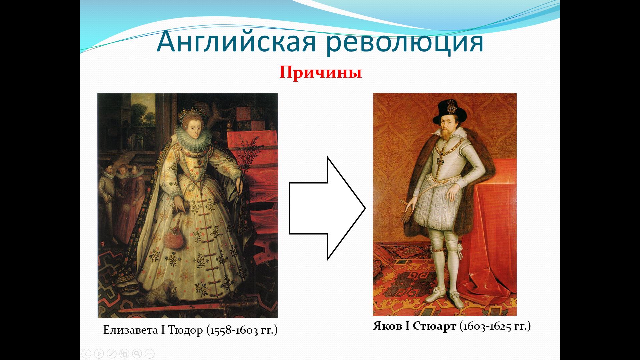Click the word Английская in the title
point(236,42)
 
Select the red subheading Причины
point(321,72)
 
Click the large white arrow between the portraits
point(327,208)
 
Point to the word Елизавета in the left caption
point(131,330)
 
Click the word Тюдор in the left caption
point(185,330)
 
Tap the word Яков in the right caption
point(388,326)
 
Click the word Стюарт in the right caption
point(434,326)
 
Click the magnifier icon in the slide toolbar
point(137,353)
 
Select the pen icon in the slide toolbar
point(112,353)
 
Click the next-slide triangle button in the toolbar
point(99,353)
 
